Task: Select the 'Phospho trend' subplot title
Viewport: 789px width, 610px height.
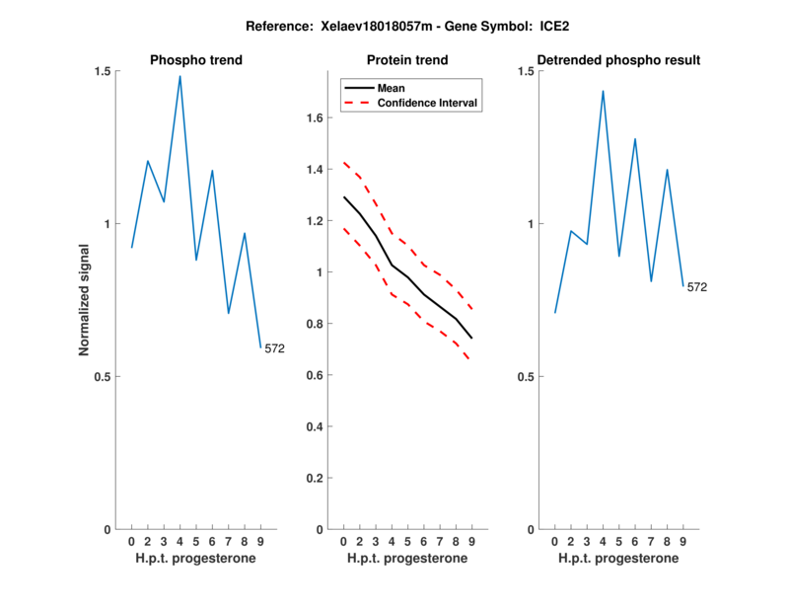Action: [195, 60]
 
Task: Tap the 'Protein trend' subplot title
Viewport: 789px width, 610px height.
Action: [407, 60]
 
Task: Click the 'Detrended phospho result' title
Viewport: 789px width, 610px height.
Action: [618, 60]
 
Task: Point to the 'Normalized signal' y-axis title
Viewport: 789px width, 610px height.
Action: [85, 300]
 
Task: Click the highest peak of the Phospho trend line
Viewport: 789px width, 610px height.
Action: [179, 76]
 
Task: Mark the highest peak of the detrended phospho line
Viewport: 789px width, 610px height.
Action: [603, 91]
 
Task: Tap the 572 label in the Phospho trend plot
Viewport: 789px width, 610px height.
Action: [274, 347]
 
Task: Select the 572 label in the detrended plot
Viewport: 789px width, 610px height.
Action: [697, 287]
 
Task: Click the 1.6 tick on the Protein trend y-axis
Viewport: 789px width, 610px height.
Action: [316, 118]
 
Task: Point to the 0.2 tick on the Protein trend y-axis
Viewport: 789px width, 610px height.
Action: [316, 478]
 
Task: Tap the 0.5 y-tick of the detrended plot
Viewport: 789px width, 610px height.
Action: [527, 376]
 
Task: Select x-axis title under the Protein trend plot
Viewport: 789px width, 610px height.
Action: [407, 559]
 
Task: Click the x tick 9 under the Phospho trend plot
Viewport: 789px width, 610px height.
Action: [260, 541]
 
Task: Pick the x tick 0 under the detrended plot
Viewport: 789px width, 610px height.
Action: [554, 541]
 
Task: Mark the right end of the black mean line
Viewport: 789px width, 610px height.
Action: [472, 339]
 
